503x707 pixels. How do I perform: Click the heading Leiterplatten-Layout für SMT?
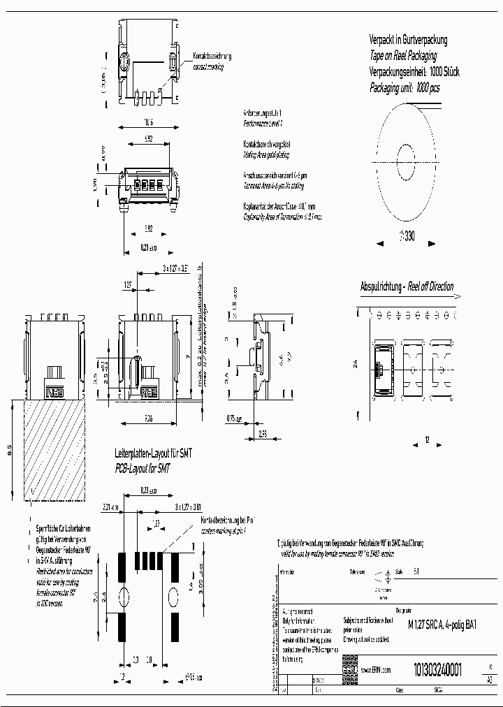[153, 454]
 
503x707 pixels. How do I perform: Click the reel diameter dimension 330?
[407, 237]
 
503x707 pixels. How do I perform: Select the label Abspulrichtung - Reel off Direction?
[407, 286]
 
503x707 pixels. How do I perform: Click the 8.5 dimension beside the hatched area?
[9, 451]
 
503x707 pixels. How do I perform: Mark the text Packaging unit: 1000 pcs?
[404, 89]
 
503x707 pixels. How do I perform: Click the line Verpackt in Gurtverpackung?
[408, 41]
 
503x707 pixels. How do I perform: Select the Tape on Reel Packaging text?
[403, 57]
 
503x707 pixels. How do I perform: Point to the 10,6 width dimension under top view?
[148, 121]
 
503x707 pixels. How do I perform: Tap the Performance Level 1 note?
[262, 123]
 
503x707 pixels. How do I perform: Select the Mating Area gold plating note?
[265, 154]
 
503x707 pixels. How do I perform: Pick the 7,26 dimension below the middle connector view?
[148, 418]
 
